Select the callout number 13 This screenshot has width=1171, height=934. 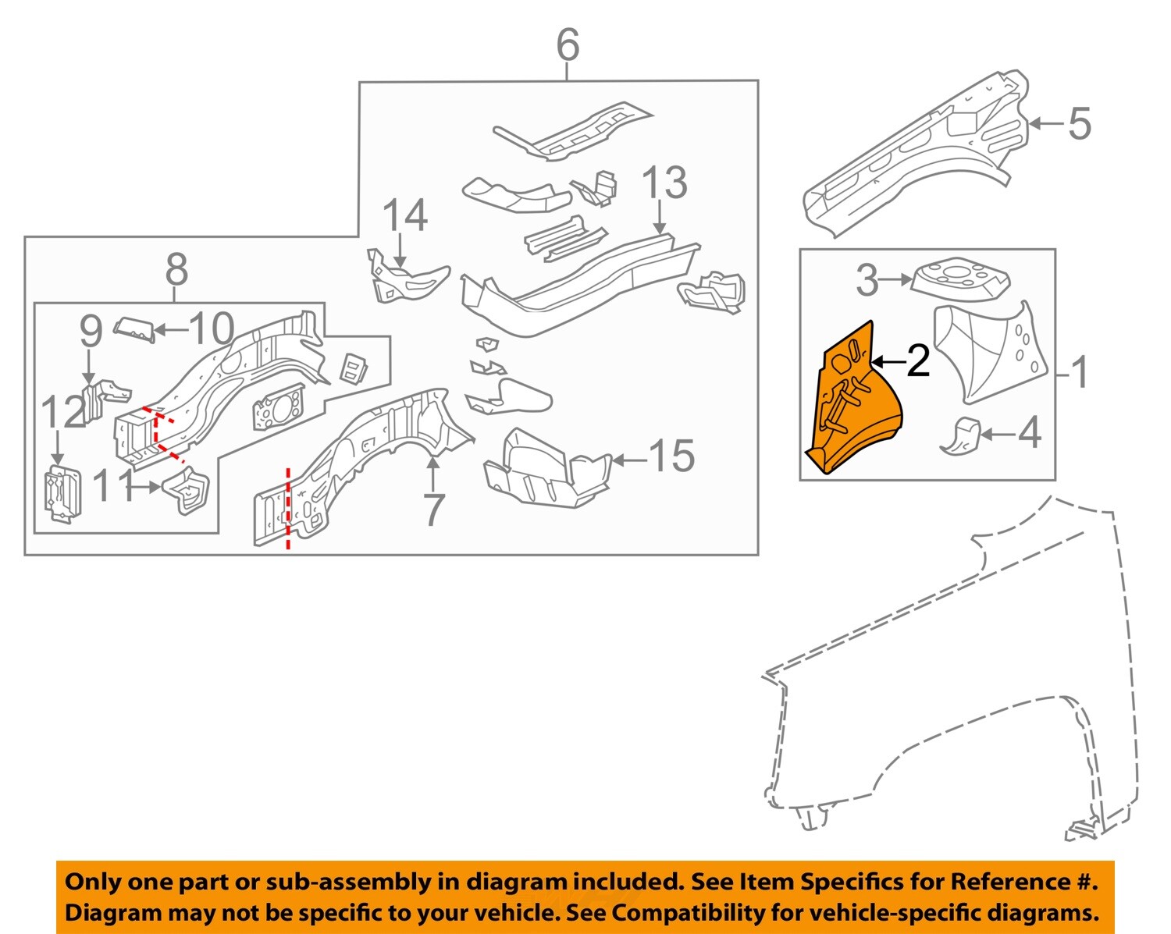664,183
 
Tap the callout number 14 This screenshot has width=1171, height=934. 405,216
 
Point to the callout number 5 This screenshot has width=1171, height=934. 1079,124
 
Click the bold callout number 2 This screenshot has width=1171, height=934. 917,361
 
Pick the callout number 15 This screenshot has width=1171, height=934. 671,456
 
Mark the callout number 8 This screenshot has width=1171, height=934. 176,270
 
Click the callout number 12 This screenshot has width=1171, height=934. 62,413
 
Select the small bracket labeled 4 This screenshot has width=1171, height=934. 962,435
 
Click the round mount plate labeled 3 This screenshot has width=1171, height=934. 960,278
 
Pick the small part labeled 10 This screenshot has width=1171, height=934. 134,328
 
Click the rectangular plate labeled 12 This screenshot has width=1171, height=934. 62,493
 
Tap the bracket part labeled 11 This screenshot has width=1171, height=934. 187,490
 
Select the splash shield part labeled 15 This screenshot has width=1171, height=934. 546,468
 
